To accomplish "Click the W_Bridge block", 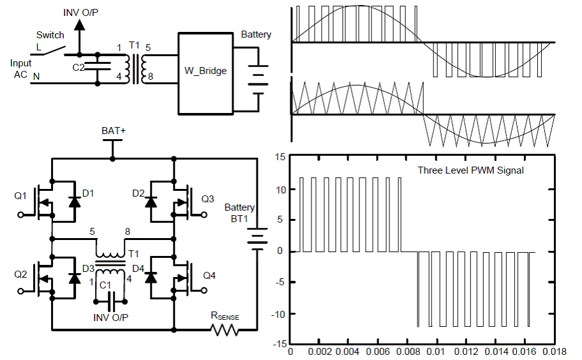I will click(x=205, y=70).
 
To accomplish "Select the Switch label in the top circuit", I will click(x=50, y=34).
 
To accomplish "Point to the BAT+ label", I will click(x=114, y=130).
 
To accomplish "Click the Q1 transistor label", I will click(x=20, y=195).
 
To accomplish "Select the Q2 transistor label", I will click(x=20, y=274).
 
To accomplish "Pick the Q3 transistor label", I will click(x=207, y=199).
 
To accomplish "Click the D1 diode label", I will click(x=88, y=192).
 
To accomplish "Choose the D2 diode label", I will click(x=138, y=192).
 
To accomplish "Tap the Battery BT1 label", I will click(x=239, y=213).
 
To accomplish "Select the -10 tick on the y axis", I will click(x=278, y=313).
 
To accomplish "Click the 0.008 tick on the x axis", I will click(x=407, y=351).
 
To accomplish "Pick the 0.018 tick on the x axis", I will click(x=552, y=351).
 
